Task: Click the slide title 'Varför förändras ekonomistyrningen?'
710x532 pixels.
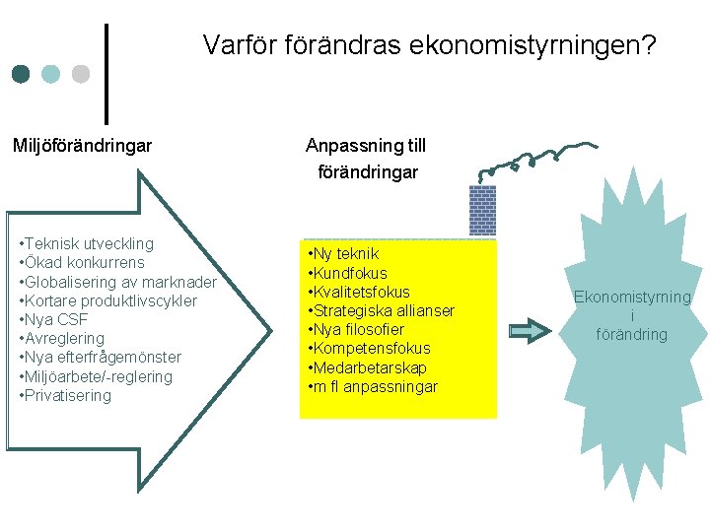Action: click(429, 45)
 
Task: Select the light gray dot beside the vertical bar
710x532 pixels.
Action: click(81, 75)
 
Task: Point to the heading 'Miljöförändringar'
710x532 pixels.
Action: click(82, 146)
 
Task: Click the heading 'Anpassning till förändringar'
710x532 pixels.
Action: click(366, 159)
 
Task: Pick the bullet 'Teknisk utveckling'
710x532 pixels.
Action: click(86, 243)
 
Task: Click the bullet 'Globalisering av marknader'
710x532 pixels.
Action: click(117, 282)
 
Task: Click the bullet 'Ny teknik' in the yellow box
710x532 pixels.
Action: click(344, 254)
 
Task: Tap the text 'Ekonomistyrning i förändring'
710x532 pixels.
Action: click(632, 315)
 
